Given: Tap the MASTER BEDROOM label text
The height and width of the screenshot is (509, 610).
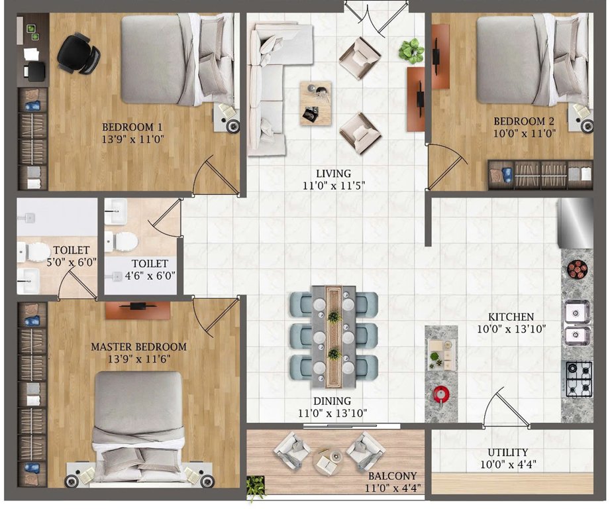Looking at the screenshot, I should pyautogui.click(x=138, y=347).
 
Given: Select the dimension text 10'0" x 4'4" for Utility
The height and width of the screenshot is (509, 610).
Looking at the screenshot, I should pyautogui.click(x=509, y=465).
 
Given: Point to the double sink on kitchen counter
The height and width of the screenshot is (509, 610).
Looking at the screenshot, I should pyautogui.click(x=577, y=323).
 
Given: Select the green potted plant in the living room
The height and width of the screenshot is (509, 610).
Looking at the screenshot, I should pyautogui.click(x=411, y=50).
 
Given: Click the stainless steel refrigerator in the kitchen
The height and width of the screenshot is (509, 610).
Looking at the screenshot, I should pyautogui.click(x=576, y=222).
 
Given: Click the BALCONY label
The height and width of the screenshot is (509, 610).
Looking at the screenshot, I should pyautogui.click(x=393, y=476).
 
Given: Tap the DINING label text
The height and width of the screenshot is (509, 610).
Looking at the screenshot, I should pyautogui.click(x=332, y=401).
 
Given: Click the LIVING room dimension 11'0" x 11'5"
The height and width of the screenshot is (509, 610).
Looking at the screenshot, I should pyautogui.click(x=332, y=186).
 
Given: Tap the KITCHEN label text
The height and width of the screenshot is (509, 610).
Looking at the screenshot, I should pyautogui.click(x=511, y=317).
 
